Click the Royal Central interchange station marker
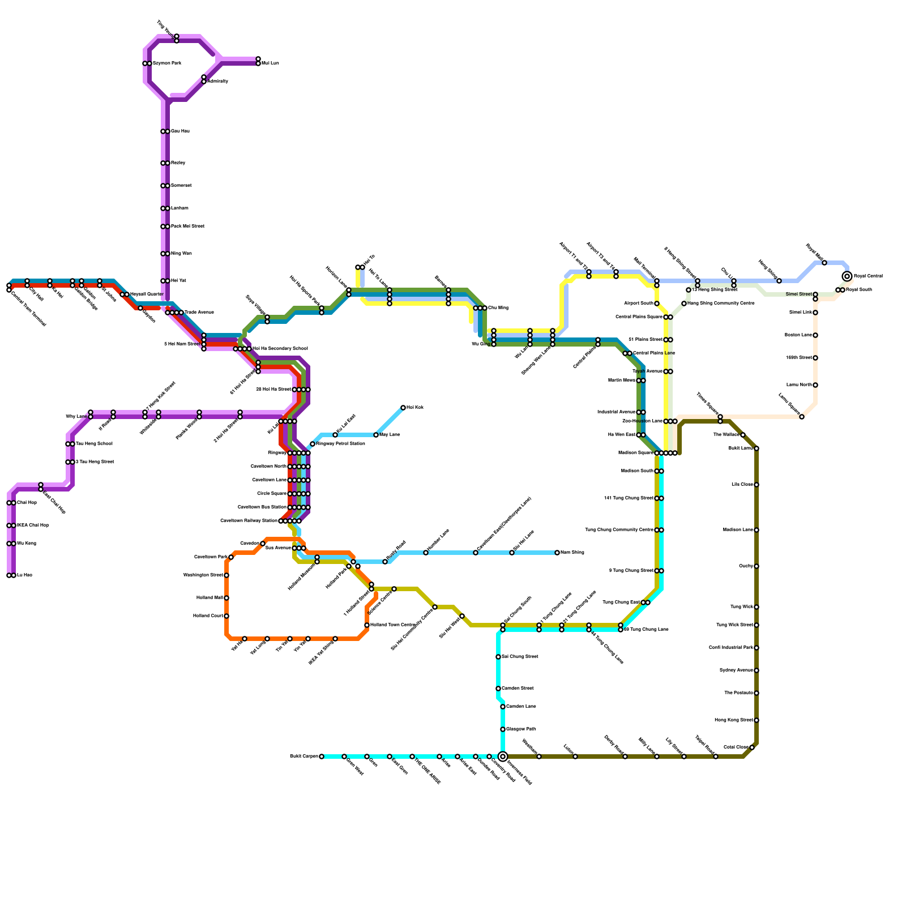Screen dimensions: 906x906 point(847,276)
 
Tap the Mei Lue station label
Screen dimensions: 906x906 point(270,63)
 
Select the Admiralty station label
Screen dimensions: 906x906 point(218,82)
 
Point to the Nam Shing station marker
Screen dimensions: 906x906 point(557,553)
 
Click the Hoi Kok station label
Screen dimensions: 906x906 point(415,408)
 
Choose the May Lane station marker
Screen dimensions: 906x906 point(376,435)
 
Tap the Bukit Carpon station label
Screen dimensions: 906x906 point(304,757)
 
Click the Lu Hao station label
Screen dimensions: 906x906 point(24,575)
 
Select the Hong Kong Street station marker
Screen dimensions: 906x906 point(757,720)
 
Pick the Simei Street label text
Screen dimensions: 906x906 point(798,294)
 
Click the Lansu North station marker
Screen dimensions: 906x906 point(815,385)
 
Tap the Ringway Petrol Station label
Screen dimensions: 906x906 point(340,444)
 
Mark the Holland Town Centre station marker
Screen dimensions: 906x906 point(367,625)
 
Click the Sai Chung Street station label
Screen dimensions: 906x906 point(520,657)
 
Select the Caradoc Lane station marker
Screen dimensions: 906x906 point(503,707)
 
